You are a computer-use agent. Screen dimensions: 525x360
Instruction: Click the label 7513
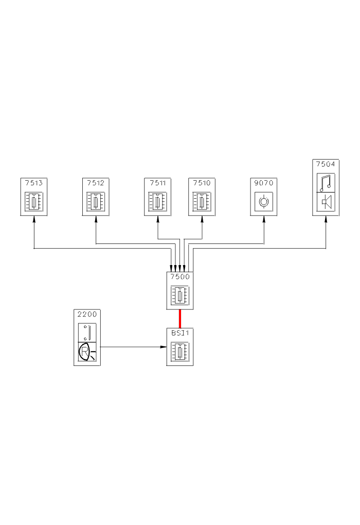point(33,182)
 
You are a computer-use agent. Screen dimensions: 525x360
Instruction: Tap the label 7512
point(96,182)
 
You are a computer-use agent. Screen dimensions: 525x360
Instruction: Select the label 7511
point(157,182)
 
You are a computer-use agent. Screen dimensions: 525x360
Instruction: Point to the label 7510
point(202,182)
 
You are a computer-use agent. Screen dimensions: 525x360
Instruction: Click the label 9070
point(264,182)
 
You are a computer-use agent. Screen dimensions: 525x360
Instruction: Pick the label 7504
point(326,164)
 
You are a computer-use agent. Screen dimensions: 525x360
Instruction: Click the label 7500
point(180,276)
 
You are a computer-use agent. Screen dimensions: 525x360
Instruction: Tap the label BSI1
point(180,332)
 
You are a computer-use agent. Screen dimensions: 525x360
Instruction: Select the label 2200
point(87,313)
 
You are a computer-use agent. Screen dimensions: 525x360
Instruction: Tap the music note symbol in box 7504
point(326,182)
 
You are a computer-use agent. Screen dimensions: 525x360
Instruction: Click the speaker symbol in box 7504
point(326,201)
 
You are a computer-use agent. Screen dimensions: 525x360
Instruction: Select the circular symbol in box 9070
point(264,201)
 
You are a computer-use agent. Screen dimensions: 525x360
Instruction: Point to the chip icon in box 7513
point(33,201)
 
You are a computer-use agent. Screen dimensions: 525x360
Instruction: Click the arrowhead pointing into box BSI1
point(163,346)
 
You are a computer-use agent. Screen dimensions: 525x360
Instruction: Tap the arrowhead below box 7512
point(96,220)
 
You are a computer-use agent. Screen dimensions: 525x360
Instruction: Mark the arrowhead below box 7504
point(326,220)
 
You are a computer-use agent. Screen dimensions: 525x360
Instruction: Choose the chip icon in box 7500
point(180,295)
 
